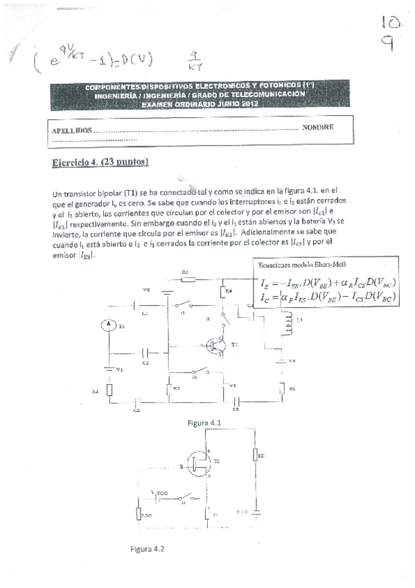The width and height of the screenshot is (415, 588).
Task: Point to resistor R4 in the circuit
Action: click(x=223, y=293)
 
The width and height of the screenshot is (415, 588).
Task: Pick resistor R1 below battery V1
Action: click(x=109, y=391)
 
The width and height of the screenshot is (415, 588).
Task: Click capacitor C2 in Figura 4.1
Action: click(x=146, y=353)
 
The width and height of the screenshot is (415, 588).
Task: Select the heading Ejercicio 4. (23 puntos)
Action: click(x=100, y=163)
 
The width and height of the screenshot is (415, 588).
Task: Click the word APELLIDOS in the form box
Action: click(x=72, y=130)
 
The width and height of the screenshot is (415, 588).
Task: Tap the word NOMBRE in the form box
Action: click(x=318, y=128)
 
